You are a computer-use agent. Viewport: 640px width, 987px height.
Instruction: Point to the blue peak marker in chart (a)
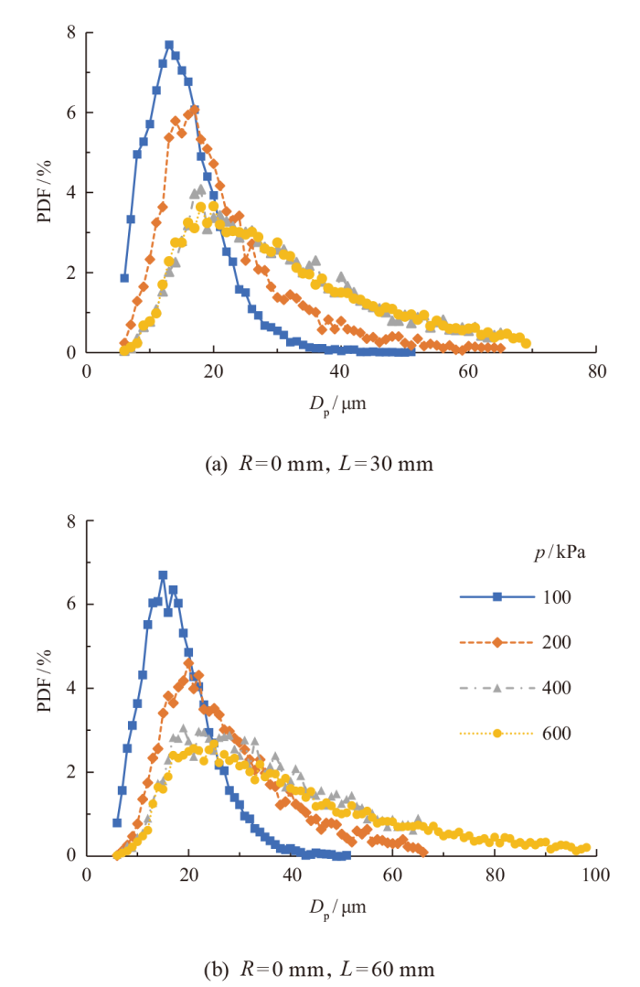(x=169, y=45)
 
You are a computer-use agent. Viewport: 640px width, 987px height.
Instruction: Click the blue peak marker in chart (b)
(x=163, y=575)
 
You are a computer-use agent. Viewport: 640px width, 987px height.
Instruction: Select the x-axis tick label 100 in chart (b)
(x=596, y=874)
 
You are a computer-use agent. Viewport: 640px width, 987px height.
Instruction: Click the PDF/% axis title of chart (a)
(x=44, y=193)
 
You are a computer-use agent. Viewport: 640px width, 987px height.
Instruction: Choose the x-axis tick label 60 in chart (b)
(x=392, y=874)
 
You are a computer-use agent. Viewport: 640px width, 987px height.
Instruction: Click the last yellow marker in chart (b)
(x=586, y=847)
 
